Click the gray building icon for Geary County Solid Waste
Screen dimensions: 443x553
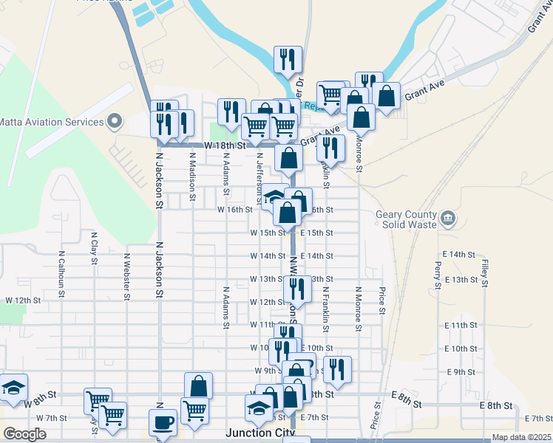tap(448, 219)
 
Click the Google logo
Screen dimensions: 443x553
tap(24, 434)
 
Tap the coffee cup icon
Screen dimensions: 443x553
tap(163, 422)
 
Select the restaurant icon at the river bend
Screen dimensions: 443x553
tap(288, 59)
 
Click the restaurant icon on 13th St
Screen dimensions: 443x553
tap(297, 288)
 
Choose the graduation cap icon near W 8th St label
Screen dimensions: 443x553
tap(13, 386)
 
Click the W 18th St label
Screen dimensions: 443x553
tap(225, 146)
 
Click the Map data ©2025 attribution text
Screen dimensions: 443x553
tap(521, 437)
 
